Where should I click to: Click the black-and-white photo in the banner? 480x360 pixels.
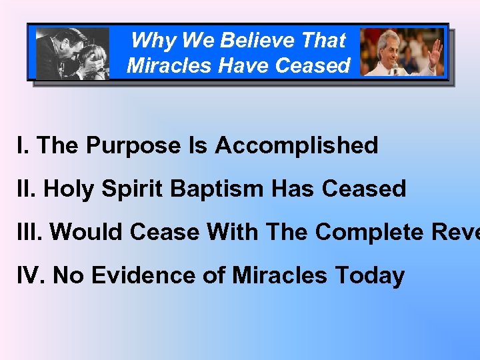click(x=72, y=53)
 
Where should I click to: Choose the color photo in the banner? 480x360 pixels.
click(x=401, y=52)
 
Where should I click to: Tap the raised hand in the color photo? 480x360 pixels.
click(x=435, y=47)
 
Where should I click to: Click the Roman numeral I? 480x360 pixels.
click(x=22, y=145)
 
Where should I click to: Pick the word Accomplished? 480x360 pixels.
click(x=297, y=145)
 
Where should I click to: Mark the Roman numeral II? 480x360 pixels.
click(x=26, y=189)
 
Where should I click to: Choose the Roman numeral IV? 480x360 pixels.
click(x=31, y=275)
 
